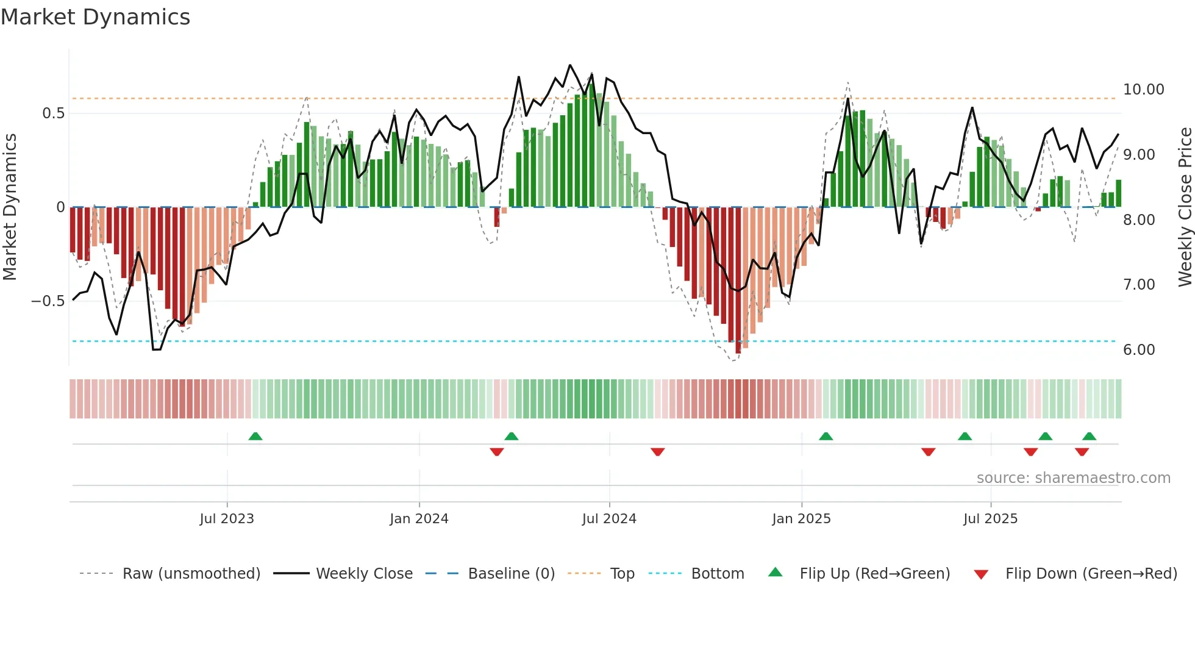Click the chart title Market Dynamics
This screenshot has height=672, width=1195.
point(95,17)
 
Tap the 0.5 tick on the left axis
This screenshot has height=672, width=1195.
point(53,113)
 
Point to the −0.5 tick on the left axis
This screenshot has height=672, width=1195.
point(48,301)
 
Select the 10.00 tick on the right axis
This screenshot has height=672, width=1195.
point(1143,90)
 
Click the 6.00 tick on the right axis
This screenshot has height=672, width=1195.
point(1139,350)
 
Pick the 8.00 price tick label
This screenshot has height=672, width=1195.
point(1139,220)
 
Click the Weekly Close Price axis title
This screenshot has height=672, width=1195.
point(1185,207)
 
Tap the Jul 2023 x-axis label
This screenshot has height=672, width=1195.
point(227,519)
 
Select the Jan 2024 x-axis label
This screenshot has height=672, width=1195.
point(419,519)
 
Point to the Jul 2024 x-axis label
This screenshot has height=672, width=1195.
point(609,519)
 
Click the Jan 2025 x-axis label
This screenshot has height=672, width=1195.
point(801,519)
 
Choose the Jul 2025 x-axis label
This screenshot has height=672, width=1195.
point(990,519)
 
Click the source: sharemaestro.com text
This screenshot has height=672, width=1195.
point(1073,478)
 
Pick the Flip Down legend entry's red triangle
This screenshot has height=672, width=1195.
point(981,574)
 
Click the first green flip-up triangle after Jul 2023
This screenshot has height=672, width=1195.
point(255,436)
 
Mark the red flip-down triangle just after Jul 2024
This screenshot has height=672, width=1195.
point(657,452)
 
